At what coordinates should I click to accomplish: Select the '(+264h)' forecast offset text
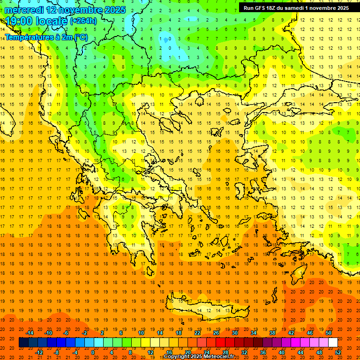(x=83, y=21)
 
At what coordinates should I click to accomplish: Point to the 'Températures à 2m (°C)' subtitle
(x=46, y=37)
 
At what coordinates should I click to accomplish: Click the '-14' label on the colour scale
(x=30, y=333)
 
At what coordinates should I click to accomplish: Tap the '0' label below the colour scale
(x=93, y=352)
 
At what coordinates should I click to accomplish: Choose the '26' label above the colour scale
(x=216, y=333)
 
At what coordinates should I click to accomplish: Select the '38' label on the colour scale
(x=272, y=333)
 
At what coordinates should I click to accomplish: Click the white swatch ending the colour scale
(x=333, y=343)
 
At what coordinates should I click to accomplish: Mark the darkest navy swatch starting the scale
(x=23, y=343)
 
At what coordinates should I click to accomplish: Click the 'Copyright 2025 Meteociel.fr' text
(x=199, y=357)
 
